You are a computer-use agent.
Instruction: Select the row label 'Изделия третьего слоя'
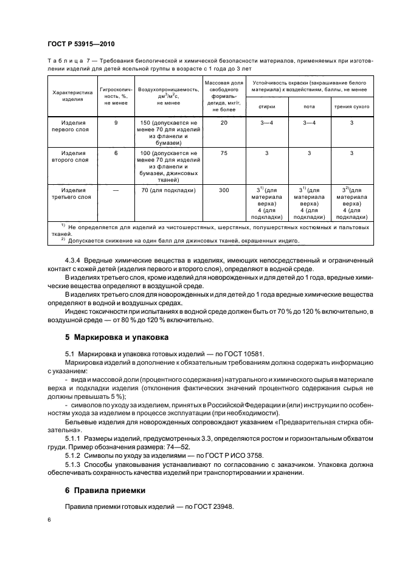point(72,193)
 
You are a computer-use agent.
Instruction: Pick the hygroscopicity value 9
point(116,122)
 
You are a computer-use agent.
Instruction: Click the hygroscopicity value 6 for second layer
point(116,153)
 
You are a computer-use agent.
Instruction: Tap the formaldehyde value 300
point(224,190)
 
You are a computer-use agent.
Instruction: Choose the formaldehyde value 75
point(224,153)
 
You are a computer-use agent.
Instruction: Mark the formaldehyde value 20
point(224,122)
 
